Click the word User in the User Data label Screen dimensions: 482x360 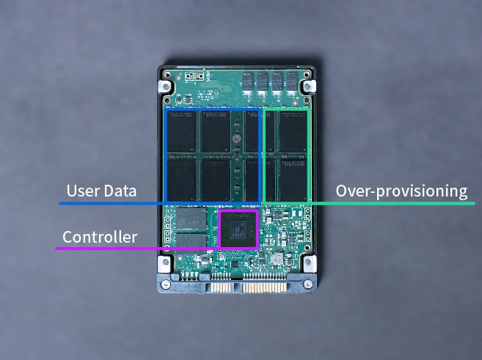(x=83, y=191)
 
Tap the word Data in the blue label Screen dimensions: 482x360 (x=120, y=191)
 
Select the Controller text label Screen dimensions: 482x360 (x=100, y=237)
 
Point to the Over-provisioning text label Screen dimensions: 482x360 (x=401, y=191)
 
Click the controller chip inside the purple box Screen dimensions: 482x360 (x=238, y=229)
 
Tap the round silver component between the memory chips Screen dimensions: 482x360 (x=236, y=139)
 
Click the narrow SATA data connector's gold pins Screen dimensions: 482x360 (x=221, y=287)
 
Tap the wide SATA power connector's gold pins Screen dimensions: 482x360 (x=266, y=287)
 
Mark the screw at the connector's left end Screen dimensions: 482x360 (x=166, y=284)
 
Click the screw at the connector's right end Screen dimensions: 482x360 (x=308, y=284)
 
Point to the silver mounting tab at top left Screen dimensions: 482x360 (x=164, y=87)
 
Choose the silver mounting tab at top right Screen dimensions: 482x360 (x=309, y=87)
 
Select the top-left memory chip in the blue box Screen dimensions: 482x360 (x=182, y=131)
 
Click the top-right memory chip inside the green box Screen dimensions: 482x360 (x=292, y=131)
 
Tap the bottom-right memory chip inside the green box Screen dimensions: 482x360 (x=292, y=180)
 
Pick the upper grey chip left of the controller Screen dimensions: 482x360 (x=191, y=218)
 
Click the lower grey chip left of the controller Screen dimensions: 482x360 (x=191, y=243)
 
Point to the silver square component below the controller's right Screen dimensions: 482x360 (x=277, y=259)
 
